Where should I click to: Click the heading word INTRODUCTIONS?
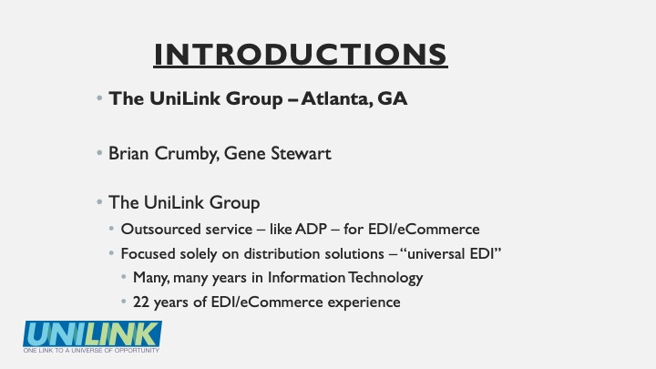[x=301, y=55]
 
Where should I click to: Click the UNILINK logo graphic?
[x=92, y=333]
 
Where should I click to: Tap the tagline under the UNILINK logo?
[x=91, y=350]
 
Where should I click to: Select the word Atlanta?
[x=336, y=98]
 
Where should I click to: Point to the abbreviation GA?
[x=392, y=98]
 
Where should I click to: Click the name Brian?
[x=128, y=153]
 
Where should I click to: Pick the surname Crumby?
[x=187, y=154]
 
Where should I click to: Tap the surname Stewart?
[x=301, y=153]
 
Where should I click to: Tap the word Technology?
[x=385, y=278]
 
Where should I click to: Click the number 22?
[x=141, y=302]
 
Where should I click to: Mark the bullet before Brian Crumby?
[x=99, y=153]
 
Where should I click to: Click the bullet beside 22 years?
[x=123, y=302]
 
